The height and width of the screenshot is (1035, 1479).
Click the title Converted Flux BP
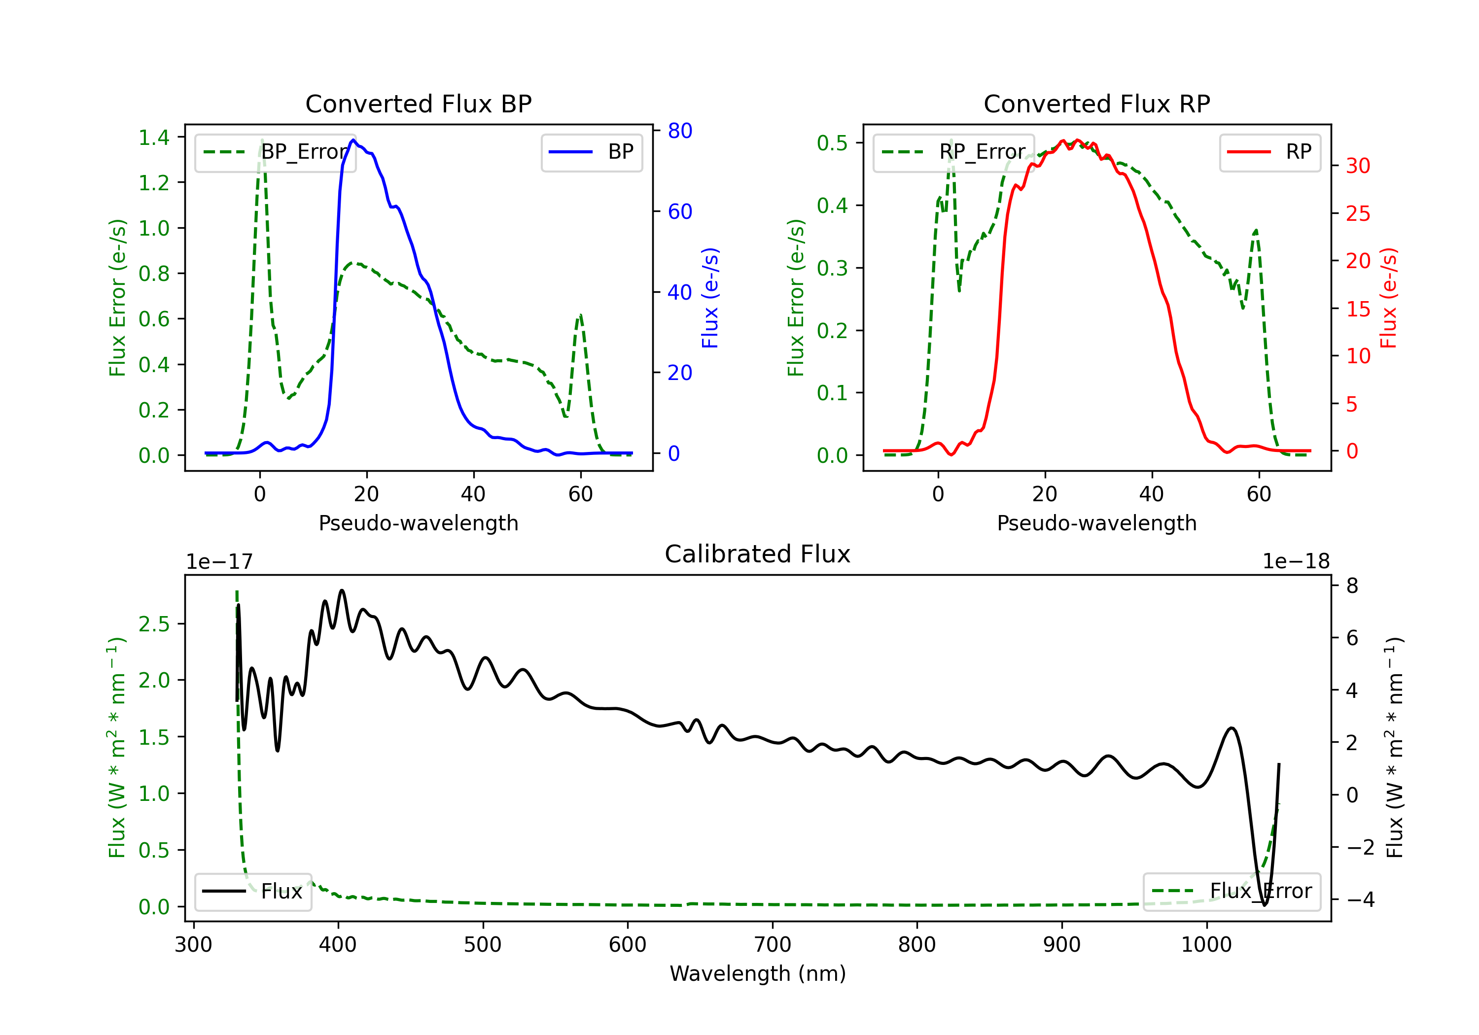click(419, 103)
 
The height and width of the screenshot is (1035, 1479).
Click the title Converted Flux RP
click(1097, 103)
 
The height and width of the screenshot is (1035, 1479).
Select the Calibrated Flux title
click(758, 554)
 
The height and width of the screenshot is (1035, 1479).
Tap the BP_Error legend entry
click(275, 152)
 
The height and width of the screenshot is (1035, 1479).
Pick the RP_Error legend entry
click(953, 152)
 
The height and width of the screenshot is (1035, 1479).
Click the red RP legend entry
click(1269, 152)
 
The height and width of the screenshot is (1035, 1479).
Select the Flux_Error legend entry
click(1232, 892)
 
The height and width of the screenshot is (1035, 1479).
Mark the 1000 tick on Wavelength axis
click(1206, 945)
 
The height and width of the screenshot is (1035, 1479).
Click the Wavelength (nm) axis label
click(758, 974)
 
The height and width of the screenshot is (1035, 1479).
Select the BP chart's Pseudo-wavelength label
click(419, 523)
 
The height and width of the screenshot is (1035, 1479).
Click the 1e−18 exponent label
click(1296, 562)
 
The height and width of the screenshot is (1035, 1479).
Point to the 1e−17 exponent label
click(220, 562)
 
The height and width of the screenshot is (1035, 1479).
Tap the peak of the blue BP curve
click(353, 140)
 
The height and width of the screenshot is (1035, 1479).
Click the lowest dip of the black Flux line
click(1264, 905)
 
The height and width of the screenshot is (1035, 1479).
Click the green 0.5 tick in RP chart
click(832, 143)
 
